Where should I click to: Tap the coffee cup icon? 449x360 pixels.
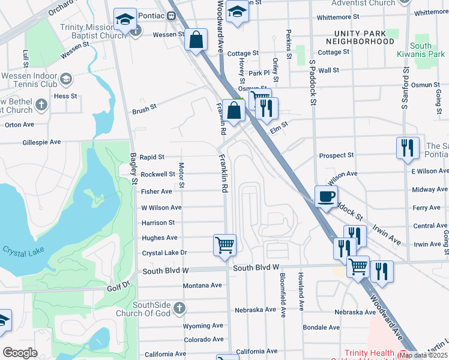click(x=326, y=197)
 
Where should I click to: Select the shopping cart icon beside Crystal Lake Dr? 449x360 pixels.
click(x=224, y=244)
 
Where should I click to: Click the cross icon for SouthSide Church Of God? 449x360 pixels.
click(x=179, y=308)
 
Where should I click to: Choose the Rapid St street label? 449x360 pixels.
click(x=152, y=157)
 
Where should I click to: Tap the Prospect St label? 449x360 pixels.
click(x=336, y=155)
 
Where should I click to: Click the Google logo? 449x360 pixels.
click(x=20, y=353)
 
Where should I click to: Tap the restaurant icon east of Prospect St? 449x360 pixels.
click(x=408, y=148)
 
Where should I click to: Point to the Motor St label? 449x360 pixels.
click(x=181, y=174)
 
